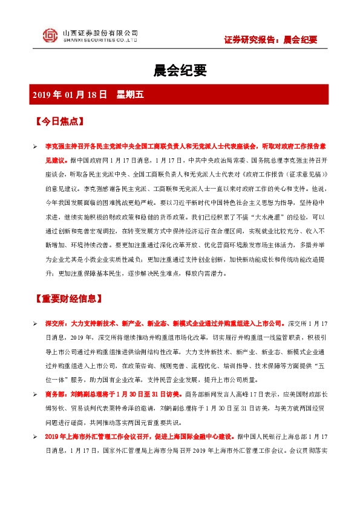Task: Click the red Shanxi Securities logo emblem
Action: [x=50, y=36]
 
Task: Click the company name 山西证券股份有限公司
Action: [x=100, y=33]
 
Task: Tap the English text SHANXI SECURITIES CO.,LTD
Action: [x=100, y=41]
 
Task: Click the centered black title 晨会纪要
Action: [x=180, y=71]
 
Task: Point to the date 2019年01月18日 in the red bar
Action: [x=70, y=94]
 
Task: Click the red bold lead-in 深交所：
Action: [x=57, y=325]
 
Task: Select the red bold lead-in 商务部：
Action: [x=57, y=395]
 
